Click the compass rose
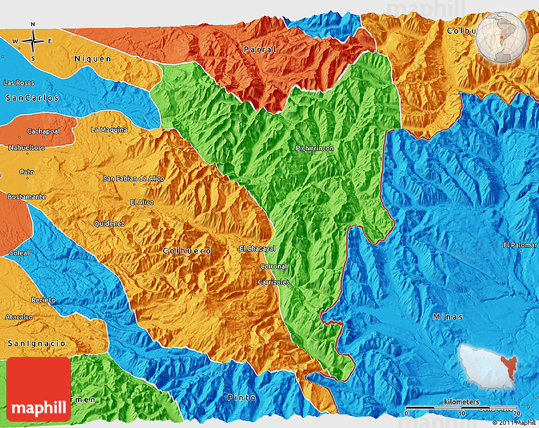pyautogui.click(x=33, y=42)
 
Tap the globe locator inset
pyautogui.click(x=502, y=37)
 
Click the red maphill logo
pyautogui.click(x=39, y=389)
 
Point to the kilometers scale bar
pyautogui.click(x=462, y=407)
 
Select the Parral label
pyautogui.click(x=260, y=49)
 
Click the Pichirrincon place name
pyautogui.click(x=315, y=148)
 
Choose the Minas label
pyautogui.click(x=448, y=316)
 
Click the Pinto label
pyautogui.click(x=242, y=398)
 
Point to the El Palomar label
pyautogui.click(x=520, y=245)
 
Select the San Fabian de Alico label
pyautogui.click(x=133, y=179)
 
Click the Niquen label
pyautogui.click(x=93, y=59)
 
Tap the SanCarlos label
pyautogui.click(x=32, y=98)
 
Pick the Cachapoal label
pyautogui.click(x=43, y=131)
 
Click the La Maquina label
pyautogui.click(x=109, y=130)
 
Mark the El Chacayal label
pyautogui.click(x=257, y=248)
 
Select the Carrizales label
pyautogui.click(x=274, y=282)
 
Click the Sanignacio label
pyautogui.click(x=36, y=343)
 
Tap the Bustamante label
pyautogui.click(x=27, y=197)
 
